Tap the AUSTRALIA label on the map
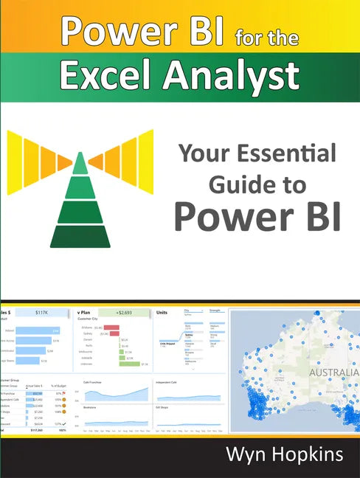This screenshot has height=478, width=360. [x=333, y=373]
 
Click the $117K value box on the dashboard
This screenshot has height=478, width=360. [x=46, y=313]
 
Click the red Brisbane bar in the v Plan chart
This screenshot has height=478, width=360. [x=111, y=327]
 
